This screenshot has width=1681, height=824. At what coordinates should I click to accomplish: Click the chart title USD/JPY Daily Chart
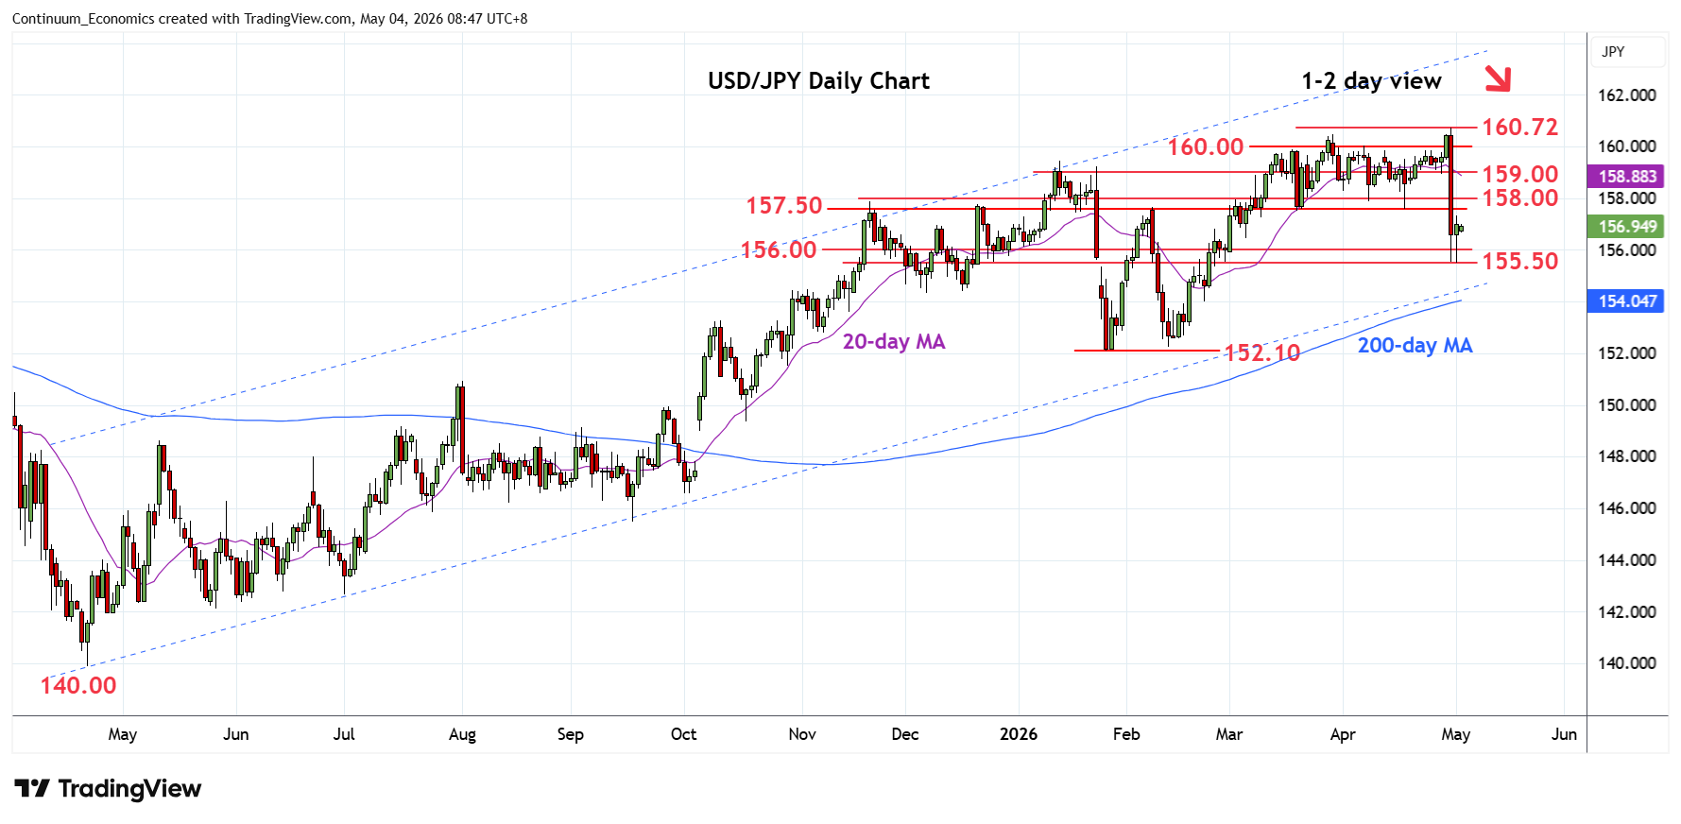tap(818, 81)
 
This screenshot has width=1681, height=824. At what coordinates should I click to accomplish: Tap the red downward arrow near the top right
tap(1498, 79)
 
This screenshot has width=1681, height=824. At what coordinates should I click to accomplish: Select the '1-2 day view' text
tap(1371, 81)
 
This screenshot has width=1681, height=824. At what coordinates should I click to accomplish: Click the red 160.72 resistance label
tap(1519, 127)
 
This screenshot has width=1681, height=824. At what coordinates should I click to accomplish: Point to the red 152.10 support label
tap(1262, 353)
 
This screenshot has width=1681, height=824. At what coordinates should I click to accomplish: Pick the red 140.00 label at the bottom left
tap(78, 685)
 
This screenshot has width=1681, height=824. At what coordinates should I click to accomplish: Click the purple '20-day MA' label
tap(894, 342)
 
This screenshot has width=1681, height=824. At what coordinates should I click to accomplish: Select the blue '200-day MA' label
tap(1415, 346)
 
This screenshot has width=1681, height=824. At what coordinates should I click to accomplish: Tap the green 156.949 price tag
tap(1627, 227)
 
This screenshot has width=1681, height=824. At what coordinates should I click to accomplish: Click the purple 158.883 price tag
tap(1627, 177)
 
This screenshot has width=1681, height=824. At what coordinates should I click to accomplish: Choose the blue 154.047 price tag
tap(1627, 301)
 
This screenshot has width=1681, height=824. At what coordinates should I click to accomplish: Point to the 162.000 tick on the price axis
tap(1626, 95)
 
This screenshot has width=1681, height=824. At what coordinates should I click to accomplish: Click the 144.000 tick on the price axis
tap(1626, 560)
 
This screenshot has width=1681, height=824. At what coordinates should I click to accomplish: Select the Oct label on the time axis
tap(683, 734)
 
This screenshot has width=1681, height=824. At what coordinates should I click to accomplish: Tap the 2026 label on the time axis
tap(1019, 734)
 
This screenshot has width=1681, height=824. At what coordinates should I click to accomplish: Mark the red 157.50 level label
tap(784, 205)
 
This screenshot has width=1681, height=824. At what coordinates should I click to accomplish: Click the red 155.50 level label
tap(1519, 261)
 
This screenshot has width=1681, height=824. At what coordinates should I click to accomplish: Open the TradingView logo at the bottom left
tap(108, 789)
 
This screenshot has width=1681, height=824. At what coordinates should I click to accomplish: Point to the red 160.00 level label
tap(1206, 146)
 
